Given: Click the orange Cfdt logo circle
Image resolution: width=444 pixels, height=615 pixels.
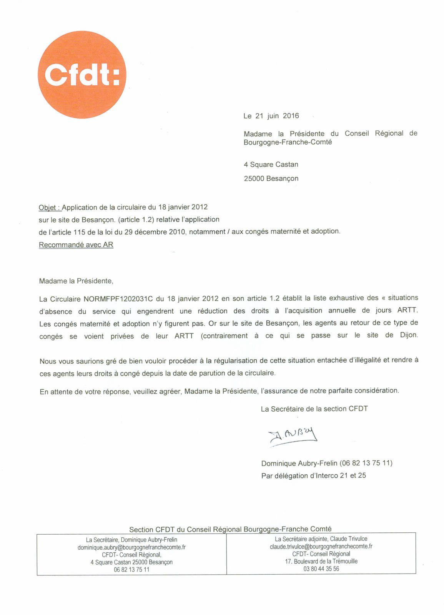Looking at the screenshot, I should [x=82, y=75].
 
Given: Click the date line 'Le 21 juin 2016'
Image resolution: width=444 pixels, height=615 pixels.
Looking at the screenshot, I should [x=271, y=116].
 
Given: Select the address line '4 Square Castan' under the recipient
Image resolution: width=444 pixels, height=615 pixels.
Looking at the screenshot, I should [x=271, y=165].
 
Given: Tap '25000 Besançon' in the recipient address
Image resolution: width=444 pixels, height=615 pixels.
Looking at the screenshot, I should [x=271, y=178].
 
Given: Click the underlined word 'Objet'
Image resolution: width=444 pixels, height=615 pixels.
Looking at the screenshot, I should [x=48, y=208].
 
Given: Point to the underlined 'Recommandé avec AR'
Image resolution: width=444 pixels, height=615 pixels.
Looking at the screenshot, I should [x=76, y=245].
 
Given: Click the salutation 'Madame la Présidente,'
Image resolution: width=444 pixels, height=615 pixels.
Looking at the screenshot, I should [x=76, y=281].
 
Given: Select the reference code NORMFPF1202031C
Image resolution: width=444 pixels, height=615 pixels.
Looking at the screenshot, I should [x=118, y=299].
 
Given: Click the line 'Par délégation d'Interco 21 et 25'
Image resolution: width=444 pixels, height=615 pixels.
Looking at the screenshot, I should [x=313, y=476].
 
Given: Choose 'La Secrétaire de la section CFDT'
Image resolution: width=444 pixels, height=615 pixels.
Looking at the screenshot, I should [x=314, y=409].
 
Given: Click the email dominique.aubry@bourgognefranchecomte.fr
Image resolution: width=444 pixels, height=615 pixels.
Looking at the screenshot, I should [x=131, y=547].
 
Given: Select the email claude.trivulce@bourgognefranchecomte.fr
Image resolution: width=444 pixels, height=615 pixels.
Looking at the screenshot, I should [x=321, y=546].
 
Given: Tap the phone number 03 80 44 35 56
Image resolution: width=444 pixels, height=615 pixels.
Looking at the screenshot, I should [x=321, y=569].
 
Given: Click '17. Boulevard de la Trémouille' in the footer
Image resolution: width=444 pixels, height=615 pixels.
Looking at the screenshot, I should [x=321, y=561].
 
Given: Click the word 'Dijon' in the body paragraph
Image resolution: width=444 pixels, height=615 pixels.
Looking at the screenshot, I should [x=408, y=335].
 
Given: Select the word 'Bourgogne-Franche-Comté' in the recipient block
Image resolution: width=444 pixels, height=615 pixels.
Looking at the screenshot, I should [x=288, y=142].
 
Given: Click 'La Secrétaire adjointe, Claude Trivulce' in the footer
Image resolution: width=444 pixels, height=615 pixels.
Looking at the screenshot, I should [x=321, y=539].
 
